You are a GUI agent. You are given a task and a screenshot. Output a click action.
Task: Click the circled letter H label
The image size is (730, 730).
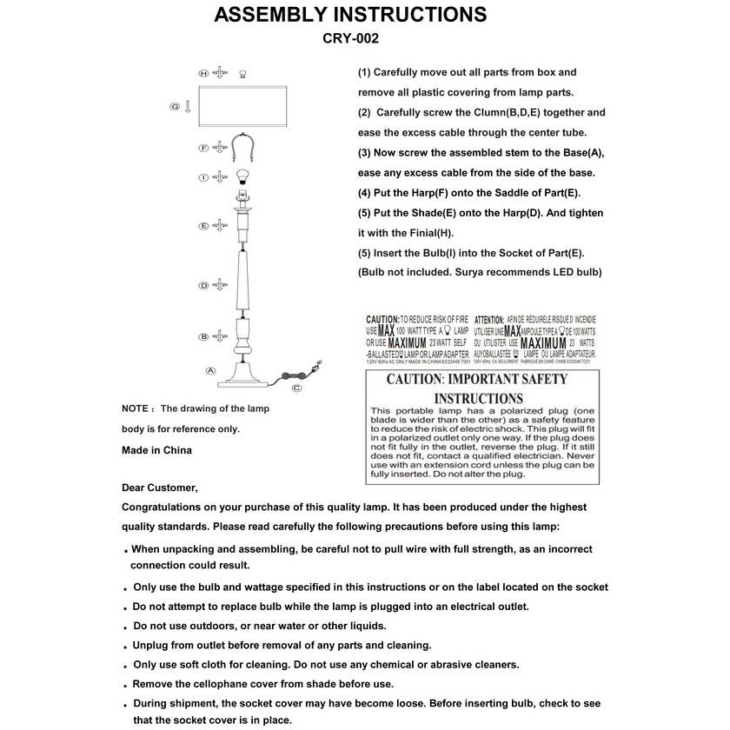tap(203, 73)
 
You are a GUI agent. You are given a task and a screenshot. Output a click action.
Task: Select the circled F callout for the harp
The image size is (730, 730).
tap(203, 149)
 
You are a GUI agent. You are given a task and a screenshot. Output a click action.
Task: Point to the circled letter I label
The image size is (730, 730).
tap(203, 177)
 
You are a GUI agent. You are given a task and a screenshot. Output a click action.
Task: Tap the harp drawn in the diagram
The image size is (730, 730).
tap(242, 149)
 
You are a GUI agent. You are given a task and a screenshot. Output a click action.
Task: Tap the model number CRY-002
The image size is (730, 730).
tap(350, 38)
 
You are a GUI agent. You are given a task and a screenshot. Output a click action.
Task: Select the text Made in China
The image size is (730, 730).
tap(156, 450)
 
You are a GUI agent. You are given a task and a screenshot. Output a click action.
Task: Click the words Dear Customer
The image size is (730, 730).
tap(160, 488)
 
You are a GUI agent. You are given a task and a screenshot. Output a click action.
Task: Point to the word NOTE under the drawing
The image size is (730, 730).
tap(135, 408)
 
